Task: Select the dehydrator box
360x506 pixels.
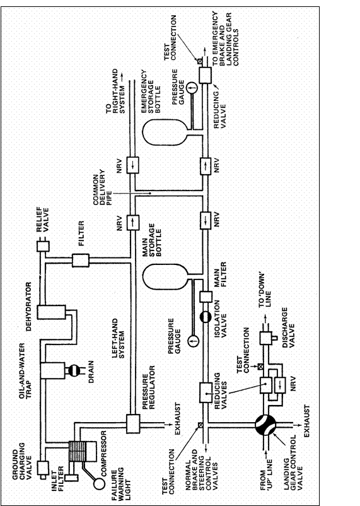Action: pyautogui.click(x=47, y=312)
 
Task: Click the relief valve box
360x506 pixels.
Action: pyautogui.click(x=43, y=247)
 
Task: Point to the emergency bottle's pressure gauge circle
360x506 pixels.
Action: pyautogui.click(x=194, y=85)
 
